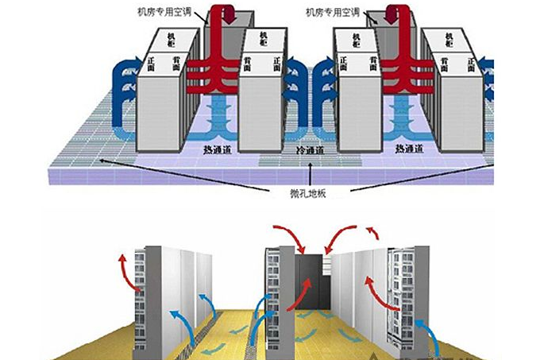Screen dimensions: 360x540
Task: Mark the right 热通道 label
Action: [x=411, y=149]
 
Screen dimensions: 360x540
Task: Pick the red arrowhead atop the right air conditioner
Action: [x=392, y=17]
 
